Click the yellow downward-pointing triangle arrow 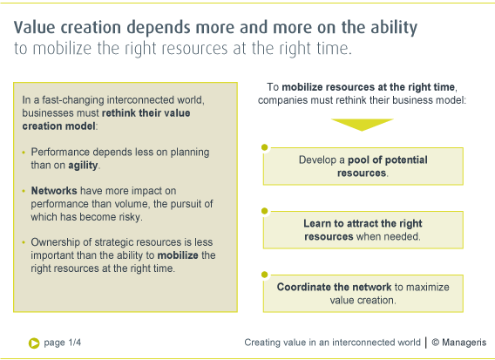362,124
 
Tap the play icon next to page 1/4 34,343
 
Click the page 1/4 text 63,343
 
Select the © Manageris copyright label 459,343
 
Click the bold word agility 83,166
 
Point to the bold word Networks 54,191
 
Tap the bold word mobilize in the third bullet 178,255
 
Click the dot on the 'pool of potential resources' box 265,147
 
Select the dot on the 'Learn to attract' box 265,211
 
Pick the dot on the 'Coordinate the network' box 265,275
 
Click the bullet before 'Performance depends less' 24,153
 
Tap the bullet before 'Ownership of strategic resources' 24,242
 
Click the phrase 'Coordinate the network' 334,287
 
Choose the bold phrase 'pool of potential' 388,160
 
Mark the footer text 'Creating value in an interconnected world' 332,343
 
